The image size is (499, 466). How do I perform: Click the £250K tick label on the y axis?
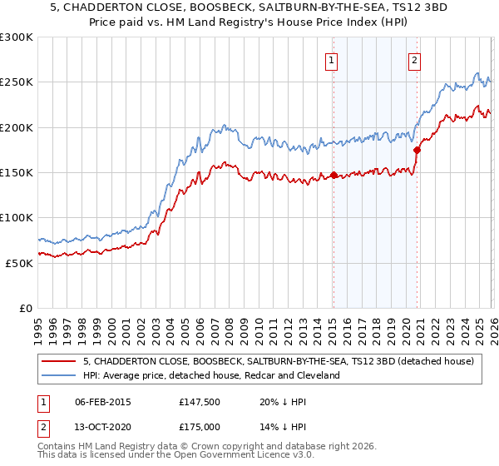[x=17, y=82]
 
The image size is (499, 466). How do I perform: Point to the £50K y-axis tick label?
[x=19, y=263]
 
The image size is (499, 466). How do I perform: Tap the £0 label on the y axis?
[x=26, y=308]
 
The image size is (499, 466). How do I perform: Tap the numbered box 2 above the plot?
[x=414, y=59]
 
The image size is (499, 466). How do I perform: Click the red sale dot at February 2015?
[x=333, y=175]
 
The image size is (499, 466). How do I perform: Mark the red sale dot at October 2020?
[x=417, y=150]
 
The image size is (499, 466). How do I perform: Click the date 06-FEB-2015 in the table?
[x=103, y=401]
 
